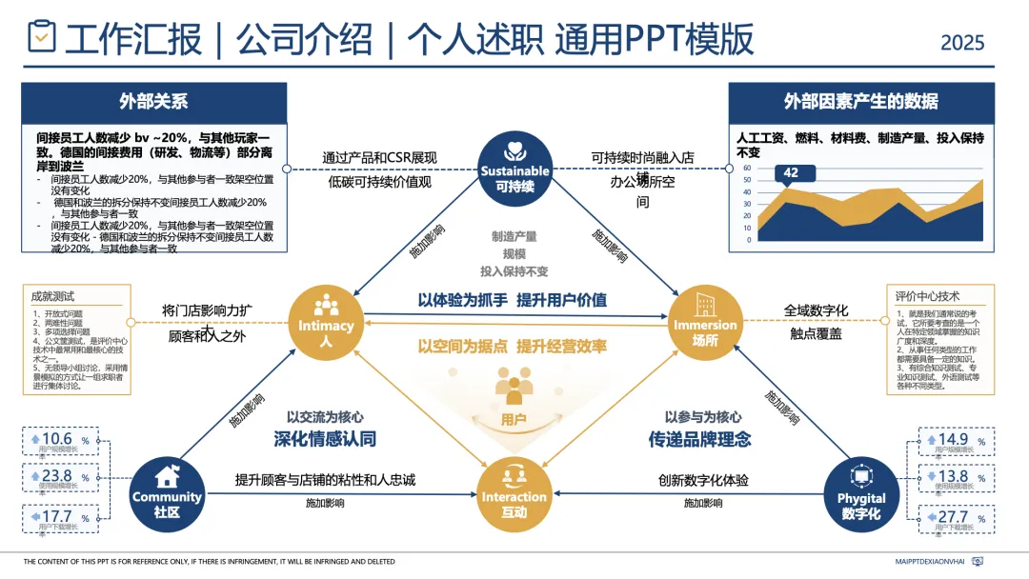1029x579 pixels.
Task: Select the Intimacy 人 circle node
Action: coord(326,318)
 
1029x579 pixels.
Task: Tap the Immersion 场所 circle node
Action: coord(705,318)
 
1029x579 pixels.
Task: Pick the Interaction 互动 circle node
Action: coord(514,489)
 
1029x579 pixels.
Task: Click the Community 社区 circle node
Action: coord(167,490)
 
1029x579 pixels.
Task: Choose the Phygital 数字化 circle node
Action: coord(861,490)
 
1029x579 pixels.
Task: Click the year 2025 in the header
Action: coord(962,43)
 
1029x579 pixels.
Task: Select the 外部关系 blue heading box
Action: coord(153,102)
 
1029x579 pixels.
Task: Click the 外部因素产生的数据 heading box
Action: coord(860,102)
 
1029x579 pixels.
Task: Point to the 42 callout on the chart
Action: coord(790,173)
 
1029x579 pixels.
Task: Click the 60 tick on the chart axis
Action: coord(748,169)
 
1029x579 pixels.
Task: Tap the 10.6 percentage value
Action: coord(57,439)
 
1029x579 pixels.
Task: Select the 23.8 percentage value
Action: coord(57,476)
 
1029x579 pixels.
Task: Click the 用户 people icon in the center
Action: coord(514,389)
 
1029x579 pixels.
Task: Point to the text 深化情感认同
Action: coord(324,439)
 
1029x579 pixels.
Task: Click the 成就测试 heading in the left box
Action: coord(52,296)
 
